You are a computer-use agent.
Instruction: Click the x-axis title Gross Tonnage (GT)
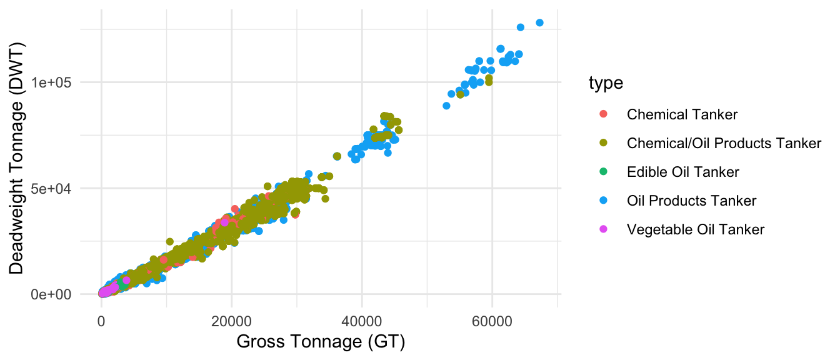coord(321,342)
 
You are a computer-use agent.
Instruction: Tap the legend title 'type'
coord(606,84)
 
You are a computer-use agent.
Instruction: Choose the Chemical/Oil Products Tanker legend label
coord(724,143)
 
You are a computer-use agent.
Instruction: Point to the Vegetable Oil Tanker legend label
coord(695,229)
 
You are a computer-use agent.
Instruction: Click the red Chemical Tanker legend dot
coord(602,114)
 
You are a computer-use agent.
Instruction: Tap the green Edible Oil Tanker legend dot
coord(602,172)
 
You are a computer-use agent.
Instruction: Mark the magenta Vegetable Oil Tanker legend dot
coord(602,229)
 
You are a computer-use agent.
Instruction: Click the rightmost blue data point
coord(540,22)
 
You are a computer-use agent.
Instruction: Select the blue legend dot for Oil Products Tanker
coord(602,201)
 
